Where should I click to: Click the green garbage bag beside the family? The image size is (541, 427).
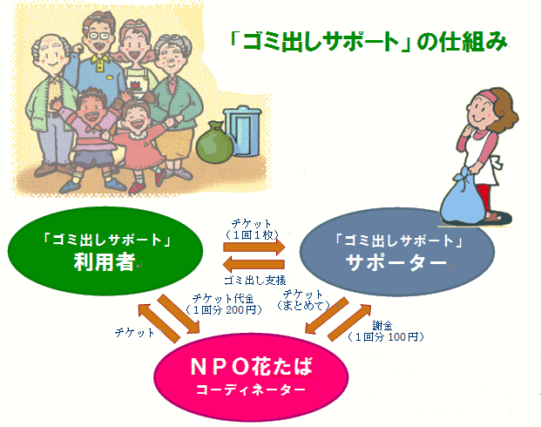point(214,143)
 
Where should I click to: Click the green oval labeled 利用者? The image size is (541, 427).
point(105,251)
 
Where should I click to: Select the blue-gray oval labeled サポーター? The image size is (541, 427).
point(396,252)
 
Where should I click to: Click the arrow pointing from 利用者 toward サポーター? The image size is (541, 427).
point(254,247)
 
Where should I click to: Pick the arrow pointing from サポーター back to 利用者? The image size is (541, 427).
point(254,265)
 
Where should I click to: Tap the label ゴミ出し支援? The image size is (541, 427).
point(255,281)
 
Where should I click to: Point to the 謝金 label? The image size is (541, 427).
point(382,326)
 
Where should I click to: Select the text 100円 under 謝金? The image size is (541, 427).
point(402,336)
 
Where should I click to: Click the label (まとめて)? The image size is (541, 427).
point(303,306)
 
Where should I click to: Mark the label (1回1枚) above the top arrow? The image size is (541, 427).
point(252,234)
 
